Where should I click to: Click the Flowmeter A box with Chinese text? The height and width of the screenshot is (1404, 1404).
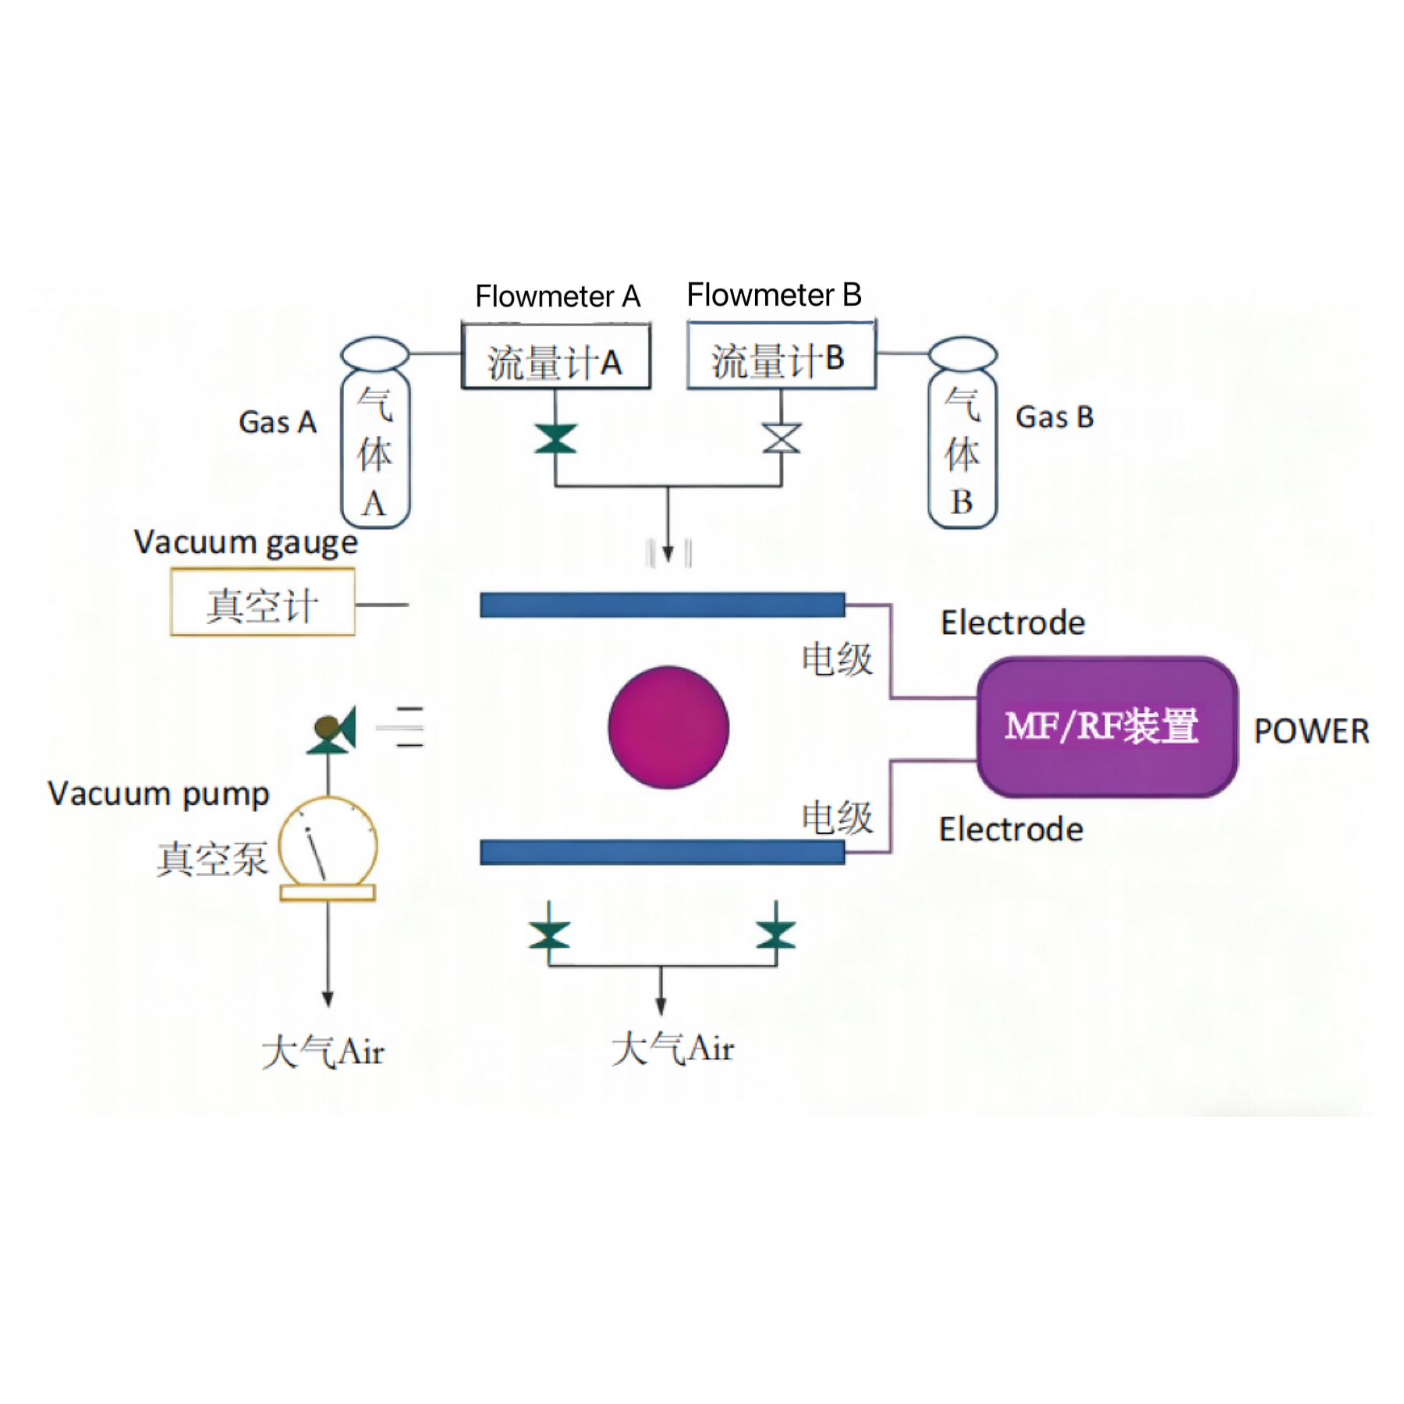click(x=555, y=357)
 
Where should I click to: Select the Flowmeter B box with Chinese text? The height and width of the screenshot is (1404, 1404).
click(x=781, y=355)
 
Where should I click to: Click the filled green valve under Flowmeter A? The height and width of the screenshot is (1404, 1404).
click(x=555, y=438)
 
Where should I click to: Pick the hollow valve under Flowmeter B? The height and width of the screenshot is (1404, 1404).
click(x=782, y=438)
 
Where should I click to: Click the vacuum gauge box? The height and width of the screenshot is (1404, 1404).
click(x=263, y=603)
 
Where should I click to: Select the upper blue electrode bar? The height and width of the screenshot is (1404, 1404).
click(x=662, y=604)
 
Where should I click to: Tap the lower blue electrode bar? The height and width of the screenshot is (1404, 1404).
click(x=662, y=852)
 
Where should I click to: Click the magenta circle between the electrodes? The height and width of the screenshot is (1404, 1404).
click(x=668, y=727)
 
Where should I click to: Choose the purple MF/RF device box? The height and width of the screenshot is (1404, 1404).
click(x=1107, y=727)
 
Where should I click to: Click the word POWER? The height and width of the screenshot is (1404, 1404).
click(x=1311, y=732)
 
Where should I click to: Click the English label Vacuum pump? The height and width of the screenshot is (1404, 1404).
click(x=158, y=794)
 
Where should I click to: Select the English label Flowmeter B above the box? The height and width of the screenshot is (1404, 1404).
click(x=774, y=295)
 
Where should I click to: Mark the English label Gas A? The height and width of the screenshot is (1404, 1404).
click(x=277, y=422)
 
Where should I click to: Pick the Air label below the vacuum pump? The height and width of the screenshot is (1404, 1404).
click(x=323, y=1051)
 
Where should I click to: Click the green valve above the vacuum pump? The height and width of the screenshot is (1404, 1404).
click(x=333, y=730)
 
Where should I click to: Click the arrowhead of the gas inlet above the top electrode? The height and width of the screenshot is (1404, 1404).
click(x=668, y=554)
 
